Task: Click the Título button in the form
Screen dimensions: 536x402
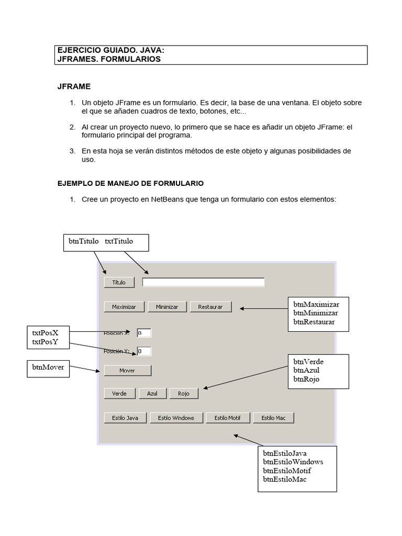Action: [x=119, y=283]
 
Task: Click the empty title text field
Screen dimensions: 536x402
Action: [x=203, y=283]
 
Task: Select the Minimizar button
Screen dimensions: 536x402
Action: [x=166, y=307]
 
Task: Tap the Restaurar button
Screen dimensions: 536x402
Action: [x=210, y=307]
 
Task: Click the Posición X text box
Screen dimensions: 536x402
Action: [x=143, y=333]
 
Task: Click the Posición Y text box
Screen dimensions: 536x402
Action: [x=143, y=351]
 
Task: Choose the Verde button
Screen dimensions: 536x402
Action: [x=119, y=394]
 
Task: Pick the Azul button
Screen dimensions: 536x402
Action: [x=152, y=394]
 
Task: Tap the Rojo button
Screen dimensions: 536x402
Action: [x=184, y=394]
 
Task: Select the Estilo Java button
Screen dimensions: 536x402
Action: [x=125, y=418]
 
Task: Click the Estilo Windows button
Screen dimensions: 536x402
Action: [x=175, y=418]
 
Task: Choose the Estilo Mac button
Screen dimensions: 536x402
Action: [x=273, y=418]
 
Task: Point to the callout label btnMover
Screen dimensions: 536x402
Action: [x=48, y=367]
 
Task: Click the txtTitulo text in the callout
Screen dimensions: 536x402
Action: [x=119, y=241]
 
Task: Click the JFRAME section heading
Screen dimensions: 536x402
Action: [x=74, y=87]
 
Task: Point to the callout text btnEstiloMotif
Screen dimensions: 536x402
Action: [x=287, y=471]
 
